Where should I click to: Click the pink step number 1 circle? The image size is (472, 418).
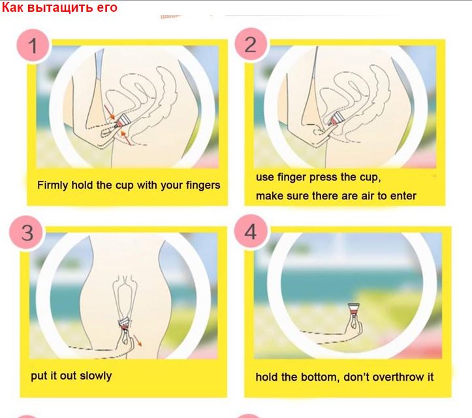(33, 46)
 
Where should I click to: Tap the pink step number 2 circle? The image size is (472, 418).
(251, 44)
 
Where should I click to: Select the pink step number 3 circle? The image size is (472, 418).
(26, 233)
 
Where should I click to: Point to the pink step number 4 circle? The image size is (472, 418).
(251, 231)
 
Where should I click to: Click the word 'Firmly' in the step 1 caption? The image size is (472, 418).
(53, 185)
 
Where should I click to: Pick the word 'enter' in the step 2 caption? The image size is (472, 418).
(403, 196)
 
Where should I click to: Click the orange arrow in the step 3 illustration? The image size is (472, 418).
(137, 340)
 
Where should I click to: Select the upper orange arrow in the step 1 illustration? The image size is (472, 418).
(110, 112)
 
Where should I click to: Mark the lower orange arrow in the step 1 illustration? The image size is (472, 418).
(126, 138)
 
